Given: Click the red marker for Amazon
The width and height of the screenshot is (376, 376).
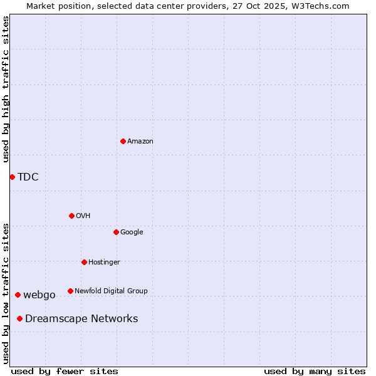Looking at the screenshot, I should tap(123, 141).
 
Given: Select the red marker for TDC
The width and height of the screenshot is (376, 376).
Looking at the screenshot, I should tap(12, 177).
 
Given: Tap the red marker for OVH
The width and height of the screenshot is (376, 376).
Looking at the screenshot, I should tap(71, 216).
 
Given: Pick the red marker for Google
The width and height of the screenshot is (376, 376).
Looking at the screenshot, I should tap(116, 232).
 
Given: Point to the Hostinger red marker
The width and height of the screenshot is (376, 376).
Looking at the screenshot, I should tap(84, 262).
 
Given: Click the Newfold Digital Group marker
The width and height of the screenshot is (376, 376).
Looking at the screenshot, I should tap(70, 291).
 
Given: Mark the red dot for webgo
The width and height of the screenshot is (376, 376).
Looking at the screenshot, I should tap(18, 295).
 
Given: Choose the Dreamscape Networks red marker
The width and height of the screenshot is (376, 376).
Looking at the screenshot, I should tap(19, 318).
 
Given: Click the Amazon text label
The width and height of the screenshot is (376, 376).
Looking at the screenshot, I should tap(140, 142).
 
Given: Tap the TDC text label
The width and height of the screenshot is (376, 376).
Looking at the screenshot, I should tap(28, 177).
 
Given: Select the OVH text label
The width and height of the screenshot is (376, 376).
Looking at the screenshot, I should tap(83, 216).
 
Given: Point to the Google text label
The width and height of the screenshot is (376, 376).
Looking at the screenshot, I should tap(132, 232).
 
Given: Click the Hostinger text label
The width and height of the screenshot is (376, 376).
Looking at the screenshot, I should tap(104, 263).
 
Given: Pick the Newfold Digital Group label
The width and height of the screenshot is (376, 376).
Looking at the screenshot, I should tap(111, 291).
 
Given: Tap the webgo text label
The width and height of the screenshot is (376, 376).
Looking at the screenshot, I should tap(39, 295).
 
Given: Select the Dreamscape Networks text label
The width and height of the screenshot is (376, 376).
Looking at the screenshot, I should tap(81, 319).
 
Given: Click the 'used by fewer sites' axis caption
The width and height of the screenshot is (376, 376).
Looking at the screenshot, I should tap(65, 371).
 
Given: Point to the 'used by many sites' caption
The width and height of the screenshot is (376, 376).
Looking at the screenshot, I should tap(315, 371).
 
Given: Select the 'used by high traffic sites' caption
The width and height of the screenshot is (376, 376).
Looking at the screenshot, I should tap(6, 89).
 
